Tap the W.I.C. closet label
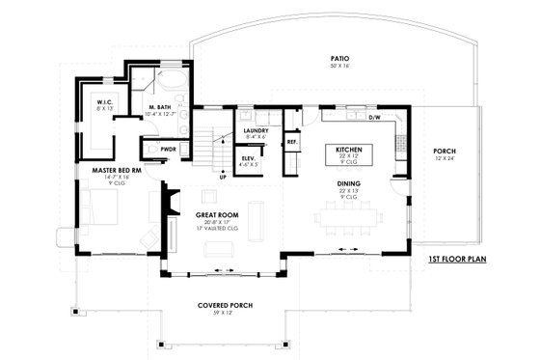pyautogui.click(x=106, y=101)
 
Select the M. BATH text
pyautogui.click(x=159, y=106)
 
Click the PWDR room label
pyautogui.click(x=168, y=150)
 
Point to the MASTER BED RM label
pyautogui.click(x=115, y=170)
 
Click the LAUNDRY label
pyautogui.click(x=256, y=129)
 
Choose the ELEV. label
pyautogui.click(x=249, y=157)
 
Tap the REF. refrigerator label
pyautogui.click(x=291, y=142)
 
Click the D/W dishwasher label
pyautogui.click(x=375, y=118)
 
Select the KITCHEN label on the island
pyautogui.click(x=348, y=151)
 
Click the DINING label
pyautogui.click(x=349, y=182)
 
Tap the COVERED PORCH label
pyautogui.click(x=226, y=305)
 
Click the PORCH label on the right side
pyautogui.click(x=445, y=152)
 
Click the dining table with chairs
pyautogui.click(x=350, y=221)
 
